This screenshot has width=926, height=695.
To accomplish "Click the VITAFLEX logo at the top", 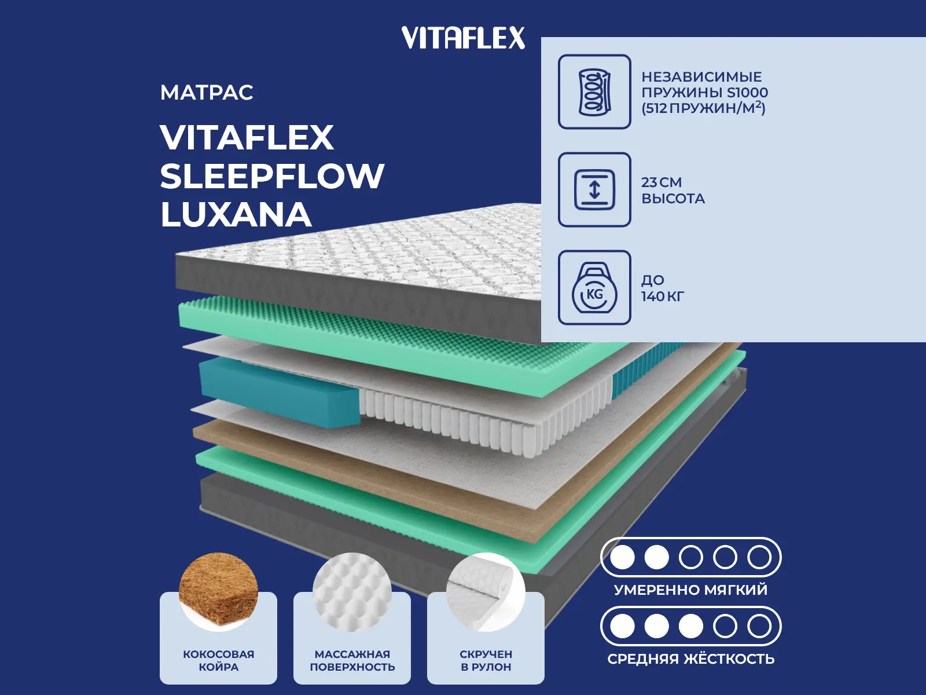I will point(463,38).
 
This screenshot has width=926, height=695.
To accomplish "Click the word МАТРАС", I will point(207,93).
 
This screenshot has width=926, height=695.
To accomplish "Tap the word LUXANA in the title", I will point(236,215).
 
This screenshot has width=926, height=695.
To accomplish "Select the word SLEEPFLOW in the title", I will point(272,176).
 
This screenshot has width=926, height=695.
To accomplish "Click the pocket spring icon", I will point(594,92).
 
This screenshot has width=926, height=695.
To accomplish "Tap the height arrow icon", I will point(594,190).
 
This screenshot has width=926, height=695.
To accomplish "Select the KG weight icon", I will point(594,288).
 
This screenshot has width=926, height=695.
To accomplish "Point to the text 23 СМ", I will point(662,182).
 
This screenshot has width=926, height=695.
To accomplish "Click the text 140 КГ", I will point(663,297).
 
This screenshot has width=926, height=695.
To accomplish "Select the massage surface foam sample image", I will point(352,591).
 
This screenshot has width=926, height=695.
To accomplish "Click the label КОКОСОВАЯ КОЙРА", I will point(218,660).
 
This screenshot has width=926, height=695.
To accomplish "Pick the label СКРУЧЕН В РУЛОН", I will point(486,660).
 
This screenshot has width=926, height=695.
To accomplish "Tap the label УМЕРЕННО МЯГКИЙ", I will point(690,590).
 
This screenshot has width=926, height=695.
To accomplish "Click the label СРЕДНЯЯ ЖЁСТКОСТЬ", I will point(690,659).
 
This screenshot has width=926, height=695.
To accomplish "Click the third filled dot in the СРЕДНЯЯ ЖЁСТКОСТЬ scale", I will point(690,626).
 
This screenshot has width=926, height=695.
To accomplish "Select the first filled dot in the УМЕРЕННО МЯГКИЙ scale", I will point(622,558).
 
